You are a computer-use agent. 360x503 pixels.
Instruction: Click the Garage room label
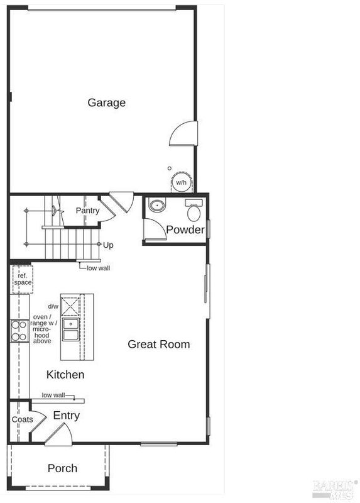(x=106, y=102)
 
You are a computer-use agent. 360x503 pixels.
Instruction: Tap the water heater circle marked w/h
(x=181, y=182)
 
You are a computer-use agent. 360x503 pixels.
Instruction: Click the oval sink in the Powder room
(x=157, y=205)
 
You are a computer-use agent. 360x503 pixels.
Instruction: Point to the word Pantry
(x=87, y=211)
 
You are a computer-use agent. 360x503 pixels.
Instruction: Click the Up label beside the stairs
(x=108, y=245)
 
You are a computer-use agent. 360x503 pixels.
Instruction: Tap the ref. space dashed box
(x=23, y=279)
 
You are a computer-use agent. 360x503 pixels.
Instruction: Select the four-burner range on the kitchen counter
(x=19, y=331)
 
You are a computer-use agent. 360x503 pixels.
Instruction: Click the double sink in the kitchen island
(x=71, y=329)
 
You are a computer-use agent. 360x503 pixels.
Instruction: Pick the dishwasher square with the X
(x=70, y=306)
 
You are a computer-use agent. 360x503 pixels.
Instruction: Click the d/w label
(x=53, y=306)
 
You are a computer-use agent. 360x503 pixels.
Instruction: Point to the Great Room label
(x=159, y=344)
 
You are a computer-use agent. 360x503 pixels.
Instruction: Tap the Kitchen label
(x=65, y=374)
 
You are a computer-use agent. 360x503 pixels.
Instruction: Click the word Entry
(x=67, y=416)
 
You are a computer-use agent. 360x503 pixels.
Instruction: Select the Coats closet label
(x=23, y=419)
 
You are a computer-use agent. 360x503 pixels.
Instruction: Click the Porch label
(x=62, y=468)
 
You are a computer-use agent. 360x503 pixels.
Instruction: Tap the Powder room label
(x=185, y=229)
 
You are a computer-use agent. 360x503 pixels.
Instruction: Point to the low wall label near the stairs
(x=98, y=268)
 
